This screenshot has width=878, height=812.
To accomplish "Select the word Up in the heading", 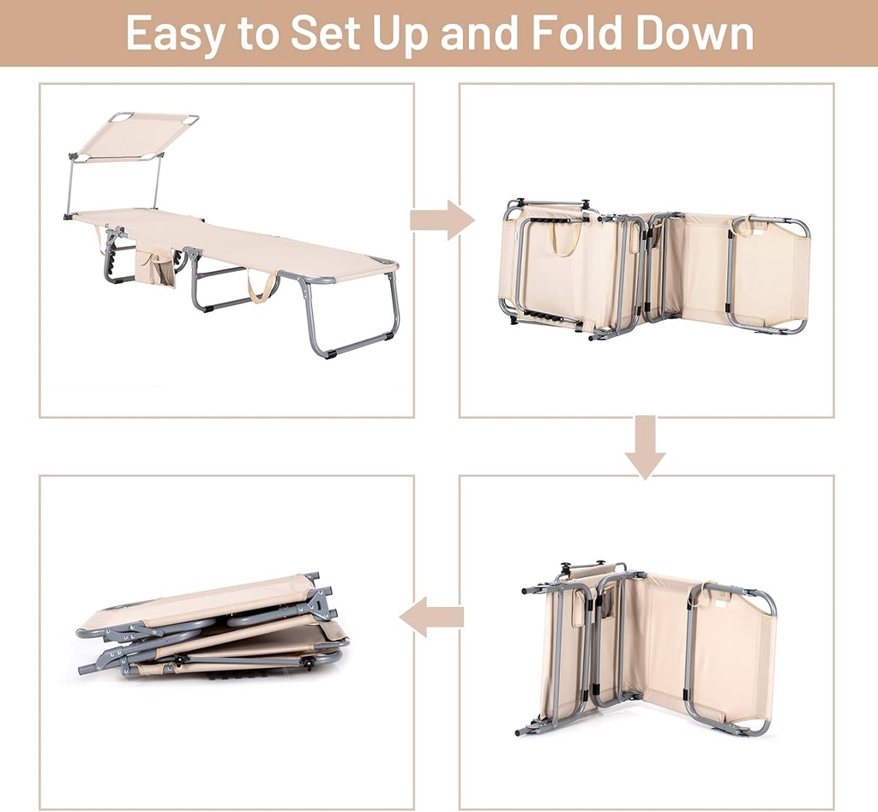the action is (400, 34).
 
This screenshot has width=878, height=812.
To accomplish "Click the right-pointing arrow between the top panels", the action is (443, 220).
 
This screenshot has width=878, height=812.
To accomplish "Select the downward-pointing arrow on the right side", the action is (646, 447).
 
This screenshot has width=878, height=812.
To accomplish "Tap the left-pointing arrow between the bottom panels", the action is (431, 617).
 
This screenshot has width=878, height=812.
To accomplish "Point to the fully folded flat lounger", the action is (213, 626).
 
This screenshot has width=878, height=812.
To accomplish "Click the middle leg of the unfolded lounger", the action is (213, 283).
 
